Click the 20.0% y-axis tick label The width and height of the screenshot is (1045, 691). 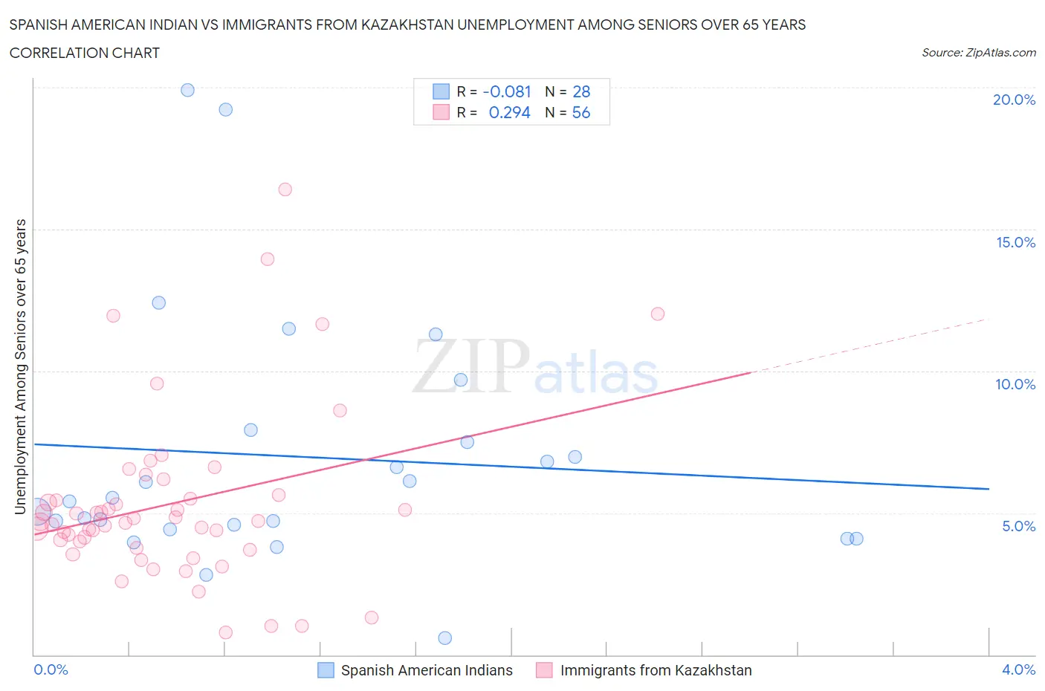(1014, 100)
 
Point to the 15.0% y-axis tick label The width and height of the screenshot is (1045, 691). (1015, 242)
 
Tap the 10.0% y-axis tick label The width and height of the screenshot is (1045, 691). (1015, 384)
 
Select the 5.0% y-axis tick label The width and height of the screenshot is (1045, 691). (1018, 526)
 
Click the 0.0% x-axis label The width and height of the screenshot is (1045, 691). (51, 669)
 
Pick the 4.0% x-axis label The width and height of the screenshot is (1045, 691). (1018, 669)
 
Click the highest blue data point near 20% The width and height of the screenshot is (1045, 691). (187, 90)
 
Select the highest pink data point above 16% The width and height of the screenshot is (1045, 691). (285, 189)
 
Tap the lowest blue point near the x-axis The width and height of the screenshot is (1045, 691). (444, 638)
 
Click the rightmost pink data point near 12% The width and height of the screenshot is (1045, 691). (657, 314)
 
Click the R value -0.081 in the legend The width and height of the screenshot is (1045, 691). (507, 91)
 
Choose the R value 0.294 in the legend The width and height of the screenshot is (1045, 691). (509, 112)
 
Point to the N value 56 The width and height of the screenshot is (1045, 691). (580, 112)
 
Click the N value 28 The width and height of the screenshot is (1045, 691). (580, 91)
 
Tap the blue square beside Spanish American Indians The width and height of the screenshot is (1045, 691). (326, 670)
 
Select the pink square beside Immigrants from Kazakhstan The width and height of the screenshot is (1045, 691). (545, 670)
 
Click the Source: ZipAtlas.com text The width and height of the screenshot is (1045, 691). (978, 53)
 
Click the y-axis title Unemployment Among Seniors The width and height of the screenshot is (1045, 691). (20, 366)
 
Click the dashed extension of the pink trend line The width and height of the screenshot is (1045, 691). (870, 345)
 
